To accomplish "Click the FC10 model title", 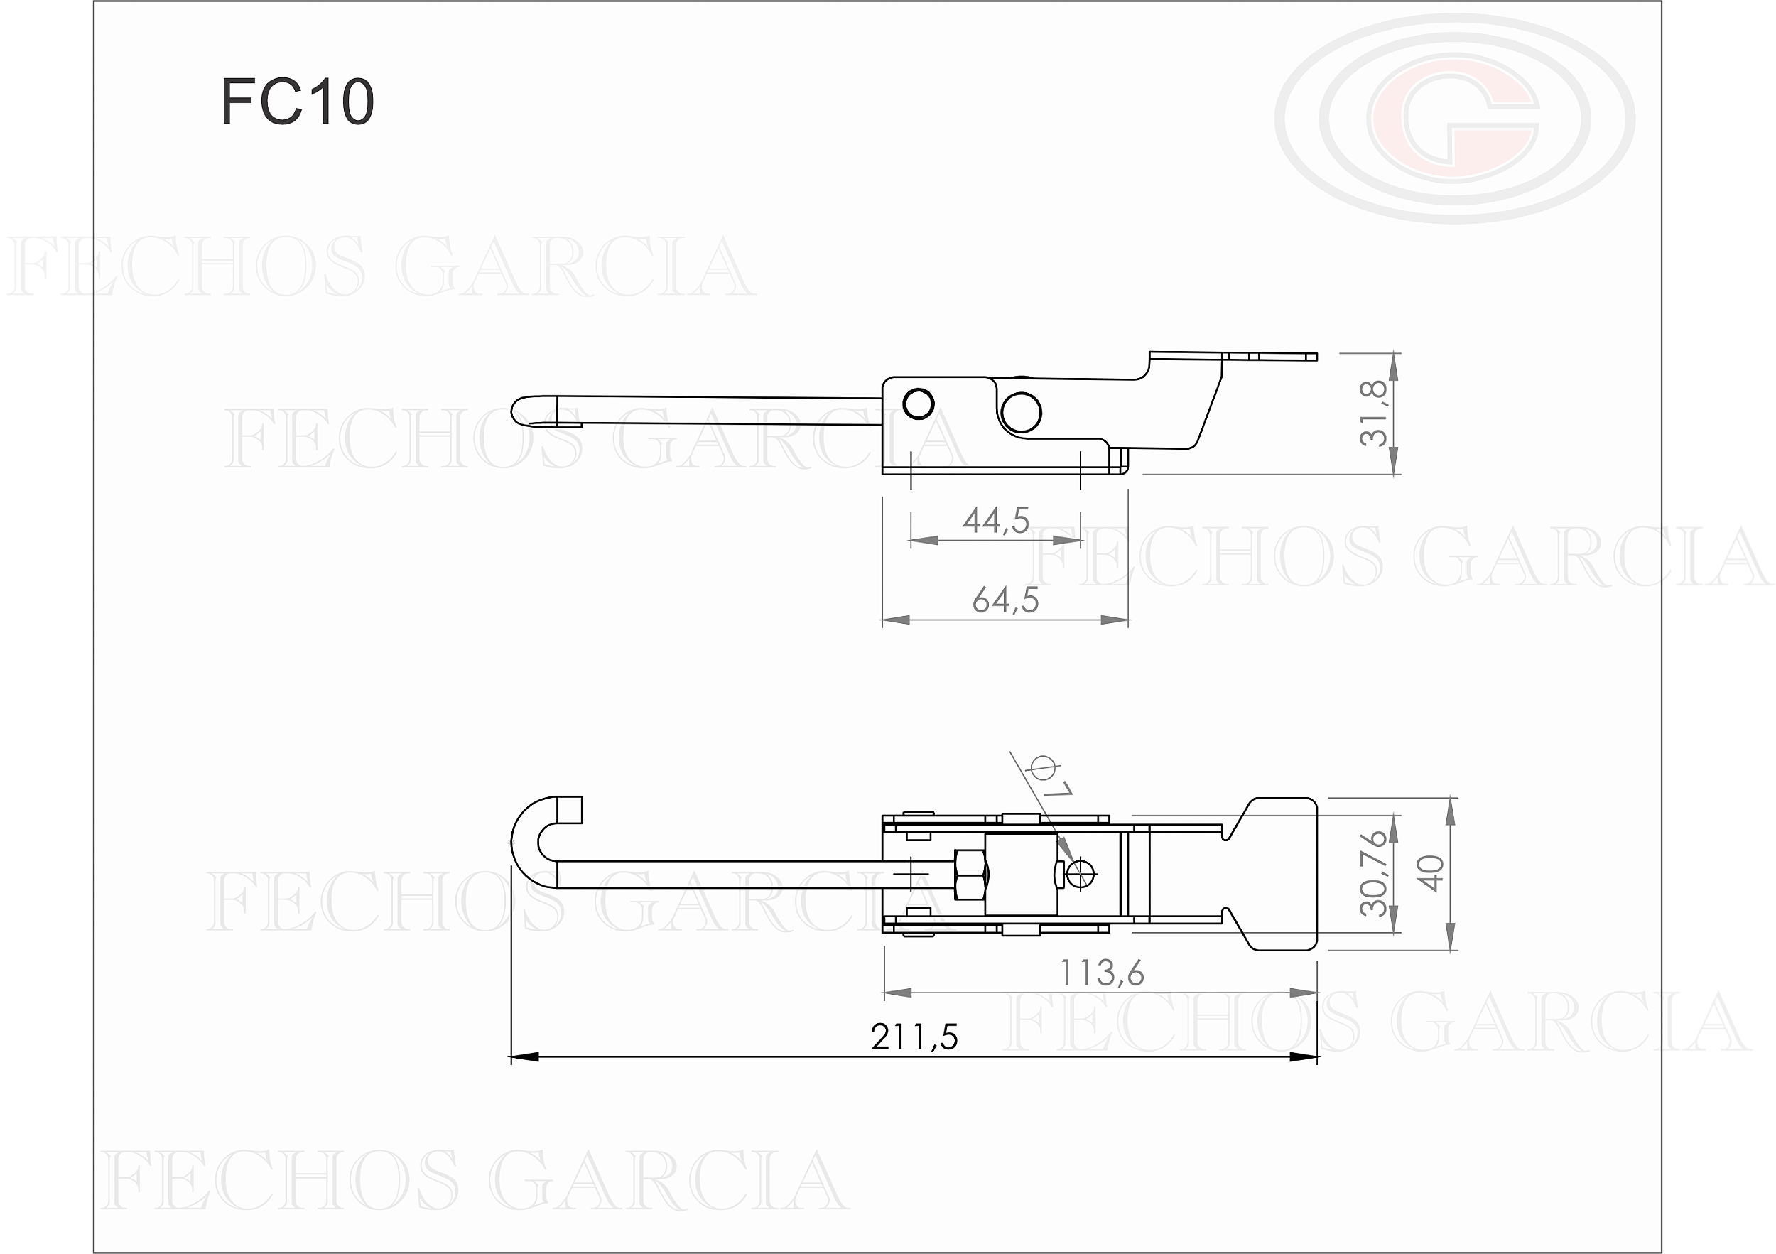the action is pos(298,102).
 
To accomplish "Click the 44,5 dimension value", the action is pos(996,521).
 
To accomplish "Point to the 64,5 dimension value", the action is pos(1006,600).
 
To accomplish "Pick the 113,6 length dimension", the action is pos(1102,973).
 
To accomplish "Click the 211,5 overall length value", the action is pos(914,1037).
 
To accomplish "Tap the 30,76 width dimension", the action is pos(1375,873).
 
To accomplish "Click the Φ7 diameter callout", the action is pos(1051,778).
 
